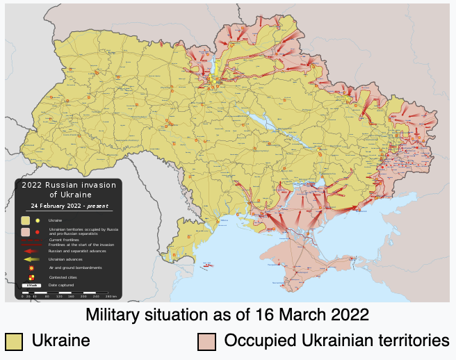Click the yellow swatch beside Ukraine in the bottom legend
coord(14,341)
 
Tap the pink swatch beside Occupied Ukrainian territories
coord(206,341)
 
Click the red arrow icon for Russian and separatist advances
coord(31,251)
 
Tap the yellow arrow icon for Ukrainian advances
coord(31,259)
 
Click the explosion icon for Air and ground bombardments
coord(31,268)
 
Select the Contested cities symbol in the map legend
coord(31,277)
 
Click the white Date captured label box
coord(31,286)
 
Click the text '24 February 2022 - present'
coord(68,206)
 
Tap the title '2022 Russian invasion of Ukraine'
coord(68,190)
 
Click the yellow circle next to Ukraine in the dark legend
coord(37,220)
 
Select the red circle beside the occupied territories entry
coord(37,231)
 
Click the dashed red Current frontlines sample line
coord(31,240)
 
